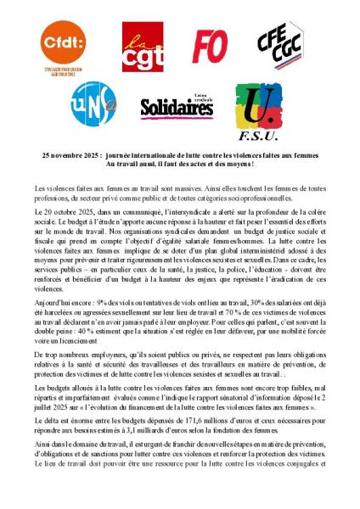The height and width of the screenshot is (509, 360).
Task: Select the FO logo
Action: (x=209, y=46)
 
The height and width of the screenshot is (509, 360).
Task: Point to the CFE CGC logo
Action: (x=281, y=45)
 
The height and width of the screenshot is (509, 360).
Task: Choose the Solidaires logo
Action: (x=176, y=107)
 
